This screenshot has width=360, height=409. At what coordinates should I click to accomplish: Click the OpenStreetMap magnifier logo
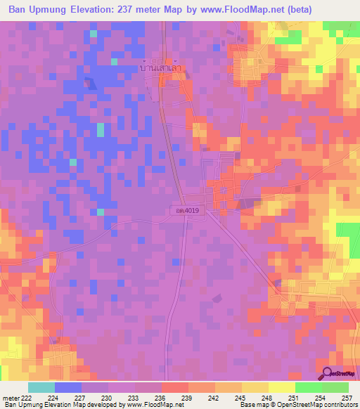tap(328, 374)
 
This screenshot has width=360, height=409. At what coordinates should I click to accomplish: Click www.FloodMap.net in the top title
tap(254, 10)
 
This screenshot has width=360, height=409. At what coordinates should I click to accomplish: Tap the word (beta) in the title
tap(307, 10)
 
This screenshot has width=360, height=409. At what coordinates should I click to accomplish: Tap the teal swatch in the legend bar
tap(41, 387)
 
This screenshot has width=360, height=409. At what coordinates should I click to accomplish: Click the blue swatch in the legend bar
tap(68, 387)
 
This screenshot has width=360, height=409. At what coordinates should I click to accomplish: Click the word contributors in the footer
tap(341, 405)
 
